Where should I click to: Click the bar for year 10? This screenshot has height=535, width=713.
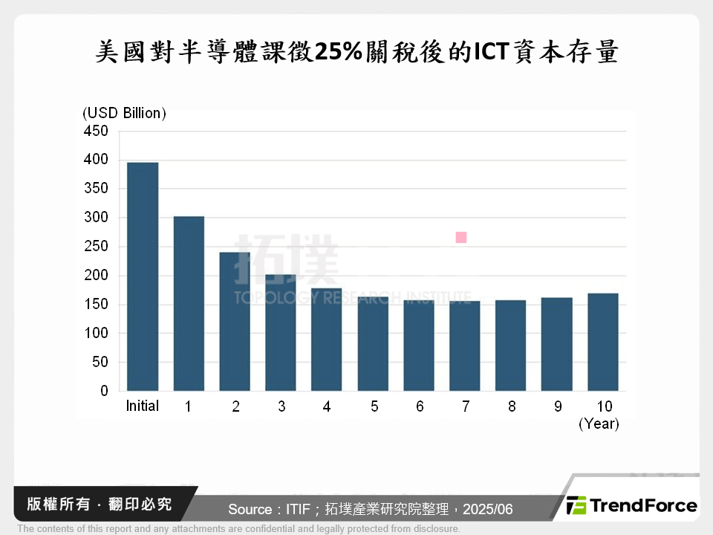[x=603, y=342]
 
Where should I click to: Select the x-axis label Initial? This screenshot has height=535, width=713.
[x=143, y=406]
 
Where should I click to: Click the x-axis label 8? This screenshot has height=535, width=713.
[x=511, y=406]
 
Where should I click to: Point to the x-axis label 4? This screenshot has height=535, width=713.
[x=327, y=406]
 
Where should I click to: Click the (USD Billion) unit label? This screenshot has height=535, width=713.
[x=124, y=113]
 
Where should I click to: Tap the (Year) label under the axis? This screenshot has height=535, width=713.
[x=599, y=424]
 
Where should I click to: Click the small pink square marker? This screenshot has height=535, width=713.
[x=461, y=238]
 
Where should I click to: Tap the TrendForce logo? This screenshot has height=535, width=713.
[x=632, y=506]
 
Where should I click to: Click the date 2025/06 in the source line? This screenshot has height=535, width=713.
[x=487, y=510]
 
